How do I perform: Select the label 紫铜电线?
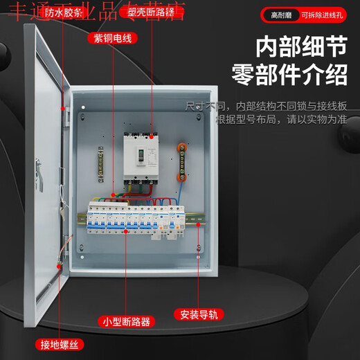(x=112, y=38)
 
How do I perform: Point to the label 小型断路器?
(x=126, y=321)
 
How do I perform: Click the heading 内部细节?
(x=301, y=48)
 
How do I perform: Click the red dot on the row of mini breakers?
(x=125, y=232)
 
